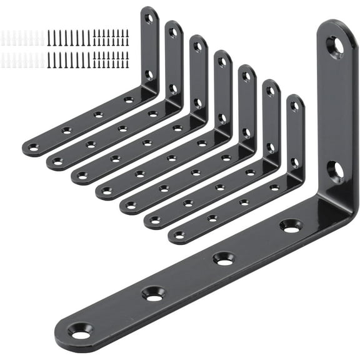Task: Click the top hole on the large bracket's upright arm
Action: tap(335, 47)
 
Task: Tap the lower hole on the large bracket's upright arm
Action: tap(336, 170)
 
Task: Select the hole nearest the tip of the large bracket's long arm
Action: tap(81, 334)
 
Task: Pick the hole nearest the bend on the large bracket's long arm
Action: tap(291, 225)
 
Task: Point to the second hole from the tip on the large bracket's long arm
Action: tap(154, 293)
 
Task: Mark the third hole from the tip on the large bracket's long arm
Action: tap(223, 257)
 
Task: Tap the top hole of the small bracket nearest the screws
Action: tap(149, 18)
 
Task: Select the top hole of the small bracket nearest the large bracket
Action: tap(294, 106)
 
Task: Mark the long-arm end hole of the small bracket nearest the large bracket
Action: tap(179, 236)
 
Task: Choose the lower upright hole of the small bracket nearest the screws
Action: tap(149, 74)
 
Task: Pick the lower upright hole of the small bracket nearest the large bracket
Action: tap(294, 161)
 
